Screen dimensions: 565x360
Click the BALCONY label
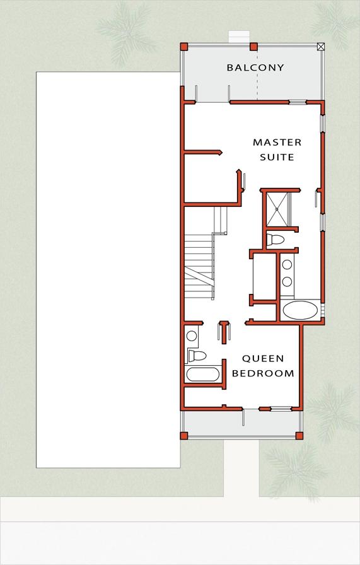pos(255,67)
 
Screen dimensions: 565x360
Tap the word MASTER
pos(277,143)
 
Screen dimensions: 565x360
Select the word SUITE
pos(277,157)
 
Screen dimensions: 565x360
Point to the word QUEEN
pos(263,358)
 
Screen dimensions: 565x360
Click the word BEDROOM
pos(263,373)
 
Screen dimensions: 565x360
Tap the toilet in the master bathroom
pos(276,239)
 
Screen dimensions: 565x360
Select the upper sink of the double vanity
pos(287,265)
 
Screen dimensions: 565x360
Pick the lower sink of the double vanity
pos(287,282)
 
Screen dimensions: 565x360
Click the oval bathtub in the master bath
pos(301,310)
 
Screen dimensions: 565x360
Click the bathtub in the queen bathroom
pos(202,375)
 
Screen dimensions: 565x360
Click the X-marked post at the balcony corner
pos(321,46)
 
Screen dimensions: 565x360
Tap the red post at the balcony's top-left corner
pos(184,46)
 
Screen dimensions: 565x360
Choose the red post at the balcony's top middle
pos(253,46)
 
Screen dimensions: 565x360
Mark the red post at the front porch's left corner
pos(184,435)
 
